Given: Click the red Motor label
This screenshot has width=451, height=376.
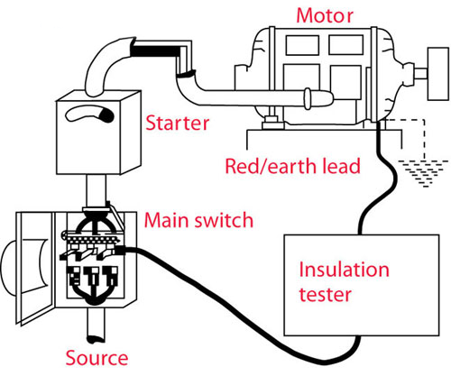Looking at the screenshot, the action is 325,15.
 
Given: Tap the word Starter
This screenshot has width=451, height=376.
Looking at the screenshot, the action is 177,124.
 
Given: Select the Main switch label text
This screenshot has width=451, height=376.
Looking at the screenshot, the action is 198,220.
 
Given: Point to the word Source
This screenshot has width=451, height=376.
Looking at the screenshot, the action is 97,358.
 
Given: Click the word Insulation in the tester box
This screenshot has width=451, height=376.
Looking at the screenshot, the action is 344,270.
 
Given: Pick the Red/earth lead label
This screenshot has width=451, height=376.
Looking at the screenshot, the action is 292,166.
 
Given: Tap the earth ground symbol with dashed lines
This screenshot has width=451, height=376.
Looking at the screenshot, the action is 423,173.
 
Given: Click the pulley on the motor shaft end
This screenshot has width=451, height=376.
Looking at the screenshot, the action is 438,74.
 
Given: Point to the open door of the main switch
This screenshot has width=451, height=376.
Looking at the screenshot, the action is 33,269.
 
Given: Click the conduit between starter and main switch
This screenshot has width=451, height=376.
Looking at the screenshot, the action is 97,190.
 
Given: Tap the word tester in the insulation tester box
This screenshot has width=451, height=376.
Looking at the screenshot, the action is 325,294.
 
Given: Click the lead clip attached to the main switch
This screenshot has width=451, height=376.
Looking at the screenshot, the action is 121,251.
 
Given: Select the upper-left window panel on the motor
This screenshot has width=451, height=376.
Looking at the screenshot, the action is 302,45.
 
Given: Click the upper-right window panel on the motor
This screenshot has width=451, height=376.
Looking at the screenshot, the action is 345,45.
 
